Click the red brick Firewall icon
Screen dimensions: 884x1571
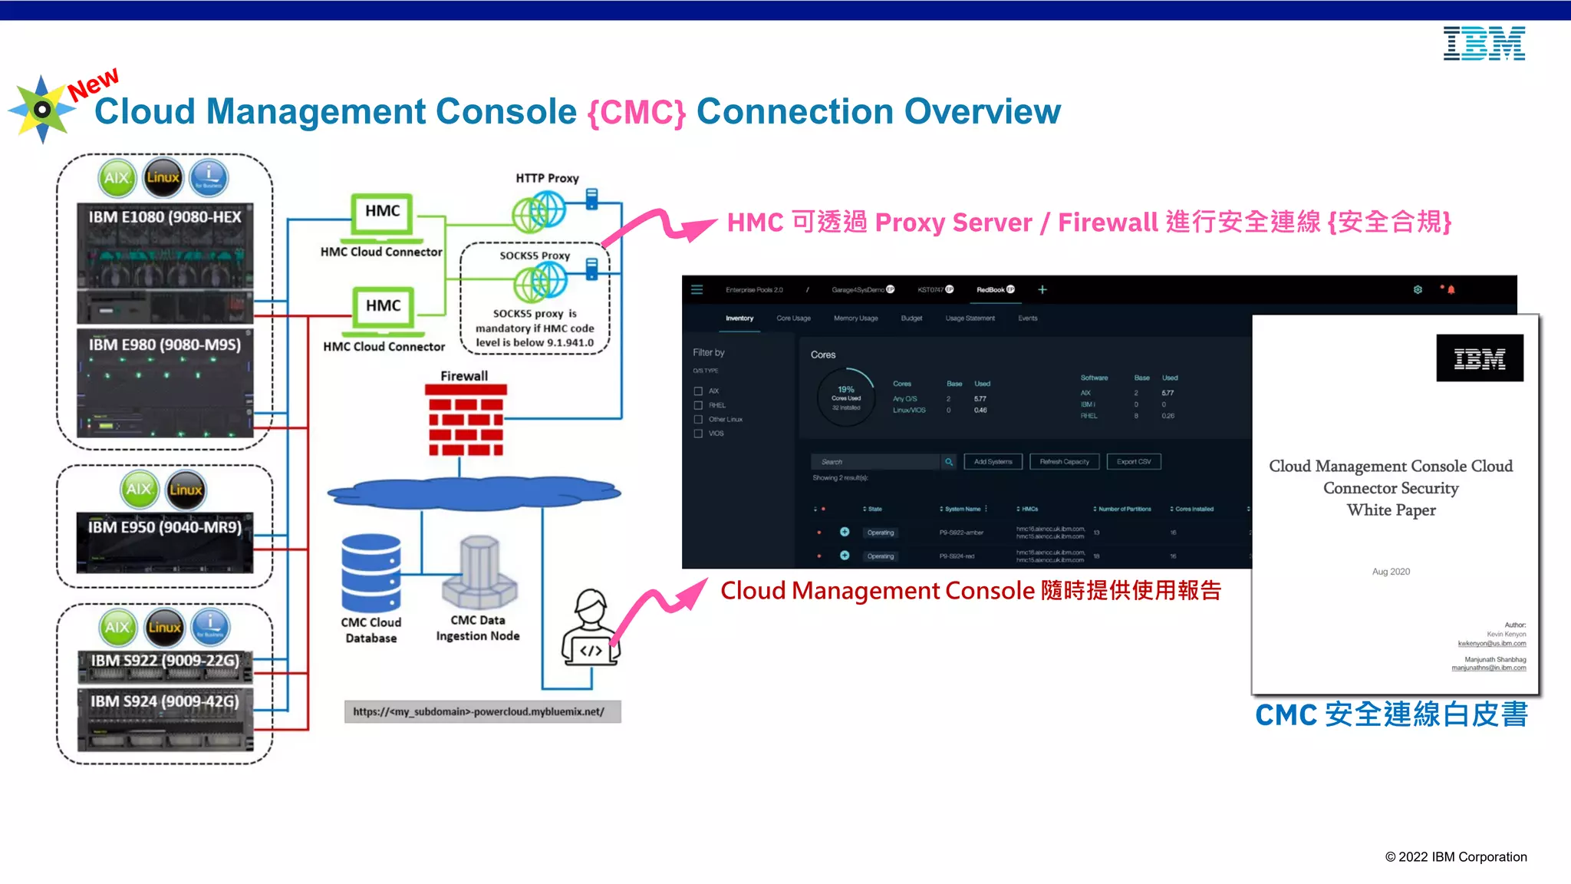(x=466, y=421)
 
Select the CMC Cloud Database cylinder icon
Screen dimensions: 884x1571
(x=371, y=573)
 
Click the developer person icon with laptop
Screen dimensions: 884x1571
(x=590, y=628)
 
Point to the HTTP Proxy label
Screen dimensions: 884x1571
(x=547, y=178)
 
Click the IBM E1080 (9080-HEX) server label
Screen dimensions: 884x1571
(x=165, y=217)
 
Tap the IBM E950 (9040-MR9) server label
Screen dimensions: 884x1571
(x=165, y=527)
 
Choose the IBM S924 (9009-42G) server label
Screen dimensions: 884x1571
(x=165, y=701)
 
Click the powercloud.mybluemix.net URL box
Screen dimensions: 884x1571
(x=482, y=712)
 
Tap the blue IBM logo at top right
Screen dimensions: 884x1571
(x=1484, y=44)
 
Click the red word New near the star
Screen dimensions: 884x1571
(x=93, y=84)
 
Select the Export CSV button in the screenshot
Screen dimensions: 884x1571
(x=1134, y=462)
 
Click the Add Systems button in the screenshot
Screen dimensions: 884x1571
(x=993, y=462)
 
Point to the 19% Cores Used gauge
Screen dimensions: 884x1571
(x=845, y=397)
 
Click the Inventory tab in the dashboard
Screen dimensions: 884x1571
(x=739, y=318)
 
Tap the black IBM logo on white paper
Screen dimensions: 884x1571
(x=1479, y=358)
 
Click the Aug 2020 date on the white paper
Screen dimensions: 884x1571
(x=1391, y=572)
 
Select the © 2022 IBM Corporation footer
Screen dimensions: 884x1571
(x=1455, y=857)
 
